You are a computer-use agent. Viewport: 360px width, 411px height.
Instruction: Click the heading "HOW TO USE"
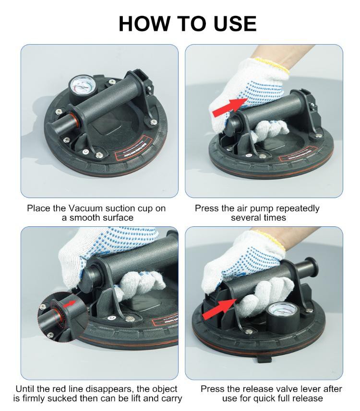click(187, 23)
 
